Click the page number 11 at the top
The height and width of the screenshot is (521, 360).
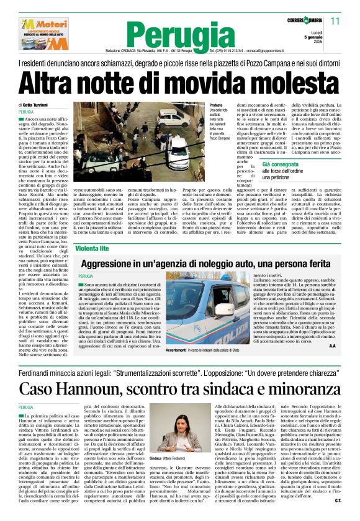coord(336,21)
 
